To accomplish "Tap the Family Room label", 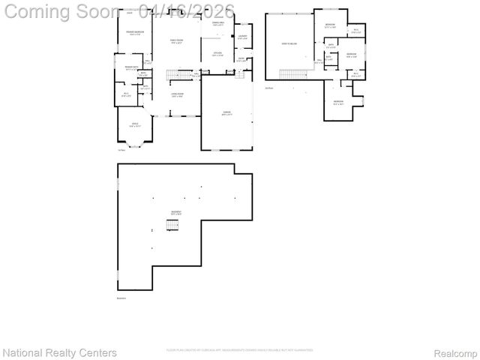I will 176,40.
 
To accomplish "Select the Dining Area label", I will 217,25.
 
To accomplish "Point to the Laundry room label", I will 242,37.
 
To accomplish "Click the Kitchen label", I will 217,54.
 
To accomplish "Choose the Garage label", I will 226,113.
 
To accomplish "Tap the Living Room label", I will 177,95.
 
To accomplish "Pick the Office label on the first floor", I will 135,124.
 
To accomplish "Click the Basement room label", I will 176,213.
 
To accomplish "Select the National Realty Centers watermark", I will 60,352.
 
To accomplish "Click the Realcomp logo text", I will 455,352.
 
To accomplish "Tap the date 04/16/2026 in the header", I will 191,10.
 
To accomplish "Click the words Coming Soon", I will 61,10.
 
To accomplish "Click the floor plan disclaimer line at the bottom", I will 239,350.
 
